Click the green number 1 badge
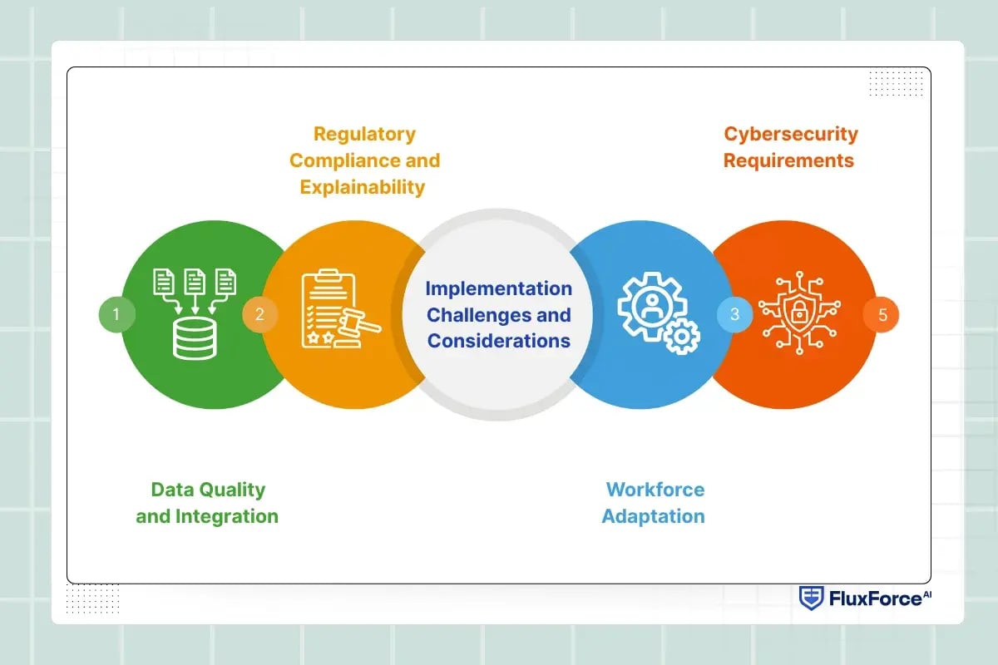(x=116, y=314)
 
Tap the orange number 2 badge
(x=259, y=314)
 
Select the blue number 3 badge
(x=735, y=314)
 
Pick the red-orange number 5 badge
(x=882, y=315)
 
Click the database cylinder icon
(x=194, y=339)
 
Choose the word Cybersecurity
(x=790, y=134)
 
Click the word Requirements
(x=788, y=160)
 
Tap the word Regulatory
(x=364, y=134)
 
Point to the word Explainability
(x=363, y=187)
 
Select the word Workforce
(x=655, y=490)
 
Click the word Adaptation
(x=653, y=516)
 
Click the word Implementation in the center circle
(x=499, y=288)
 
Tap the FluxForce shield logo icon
(x=810, y=598)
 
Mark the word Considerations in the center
(x=499, y=341)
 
